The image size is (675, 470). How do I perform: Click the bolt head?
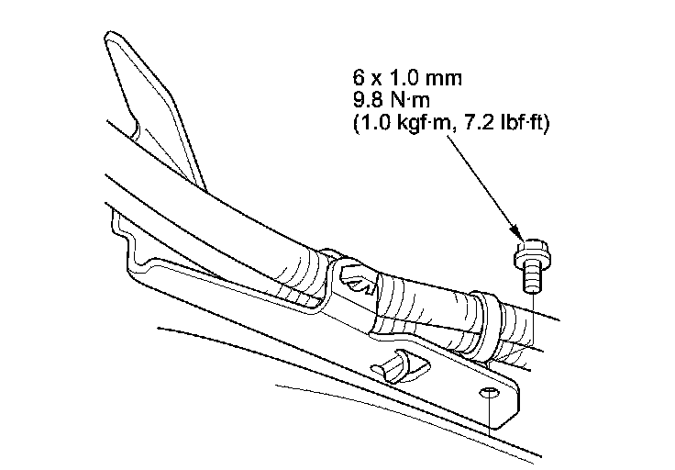pos(530,250)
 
